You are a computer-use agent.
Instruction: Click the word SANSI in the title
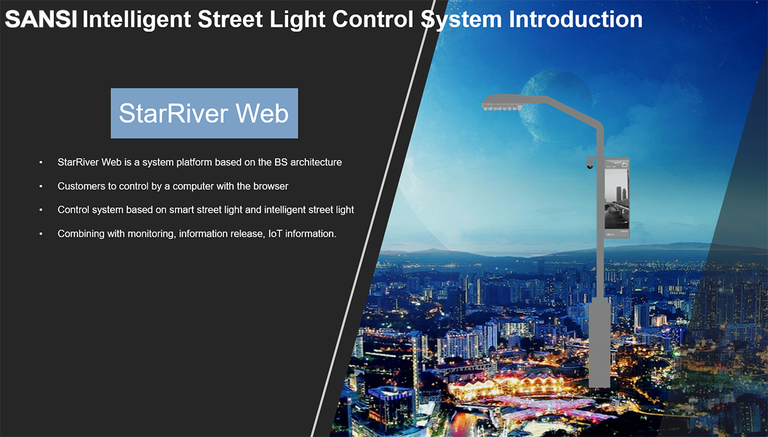[x=41, y=19]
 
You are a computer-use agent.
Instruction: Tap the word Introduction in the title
[x=575, y=19]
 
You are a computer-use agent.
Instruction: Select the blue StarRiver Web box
[x=204, y=113]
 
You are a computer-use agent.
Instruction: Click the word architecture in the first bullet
[x=316, y=162]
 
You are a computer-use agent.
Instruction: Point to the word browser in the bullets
[x=271, y=186]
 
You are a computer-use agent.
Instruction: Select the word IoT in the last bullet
[x=275, y=234]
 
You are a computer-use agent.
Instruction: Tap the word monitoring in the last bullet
[x=152, y=234]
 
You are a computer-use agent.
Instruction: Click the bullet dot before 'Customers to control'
[x=41, y=186]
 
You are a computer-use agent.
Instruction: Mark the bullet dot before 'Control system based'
[x=41, y=210]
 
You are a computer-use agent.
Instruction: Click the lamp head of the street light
[x=502, y=102]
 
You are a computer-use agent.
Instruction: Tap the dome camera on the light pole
[x=589, y=164]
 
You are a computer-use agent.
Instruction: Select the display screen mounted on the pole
[x=616, y=198]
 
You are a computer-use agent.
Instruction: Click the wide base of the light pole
[x=599, y=342]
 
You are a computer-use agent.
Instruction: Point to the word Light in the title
[x=297, y=20]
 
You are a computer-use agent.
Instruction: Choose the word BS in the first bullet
[x=281, y=162]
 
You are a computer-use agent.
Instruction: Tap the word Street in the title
[x=230, y=19]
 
